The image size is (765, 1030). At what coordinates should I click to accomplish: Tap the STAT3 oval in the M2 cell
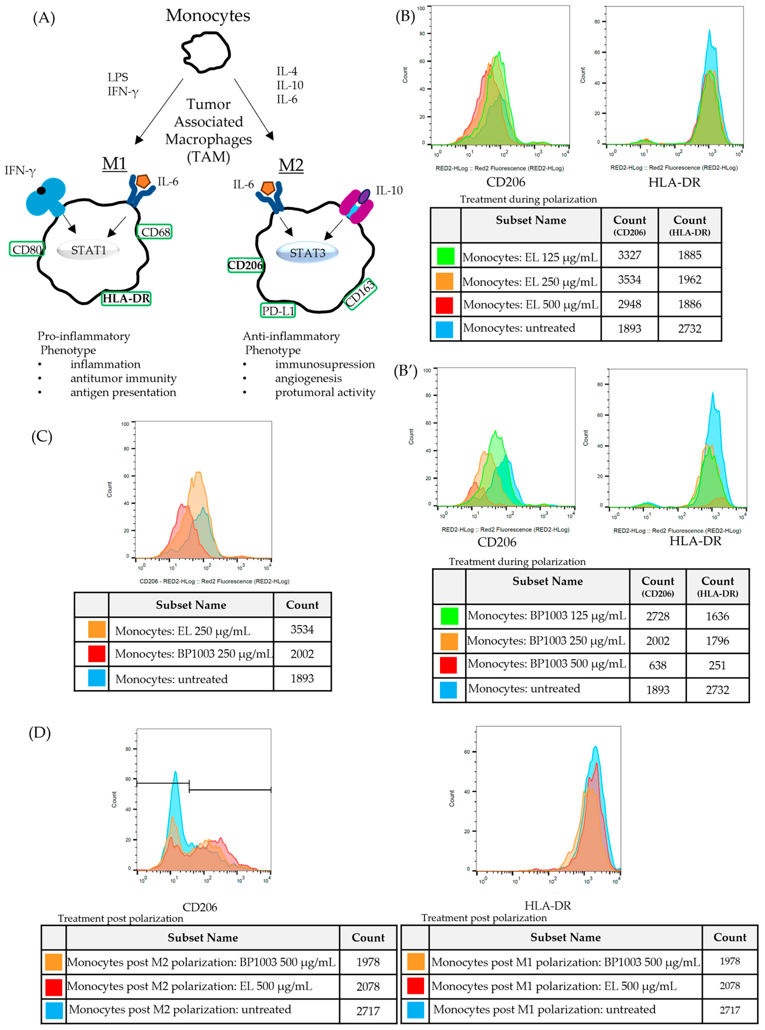pyautogui.click(x=307, y=253)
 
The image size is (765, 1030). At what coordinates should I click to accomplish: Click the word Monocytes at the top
pyautogui.click(x=208, y=16)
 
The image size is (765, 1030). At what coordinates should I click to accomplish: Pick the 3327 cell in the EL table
pyautogui.click(x=629, y=255)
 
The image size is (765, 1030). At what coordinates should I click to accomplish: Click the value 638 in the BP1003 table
pyautogui.click(x=658, y=665)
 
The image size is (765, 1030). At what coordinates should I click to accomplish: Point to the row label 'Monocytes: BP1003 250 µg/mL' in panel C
pyautogui.click(x=193, y=654)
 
